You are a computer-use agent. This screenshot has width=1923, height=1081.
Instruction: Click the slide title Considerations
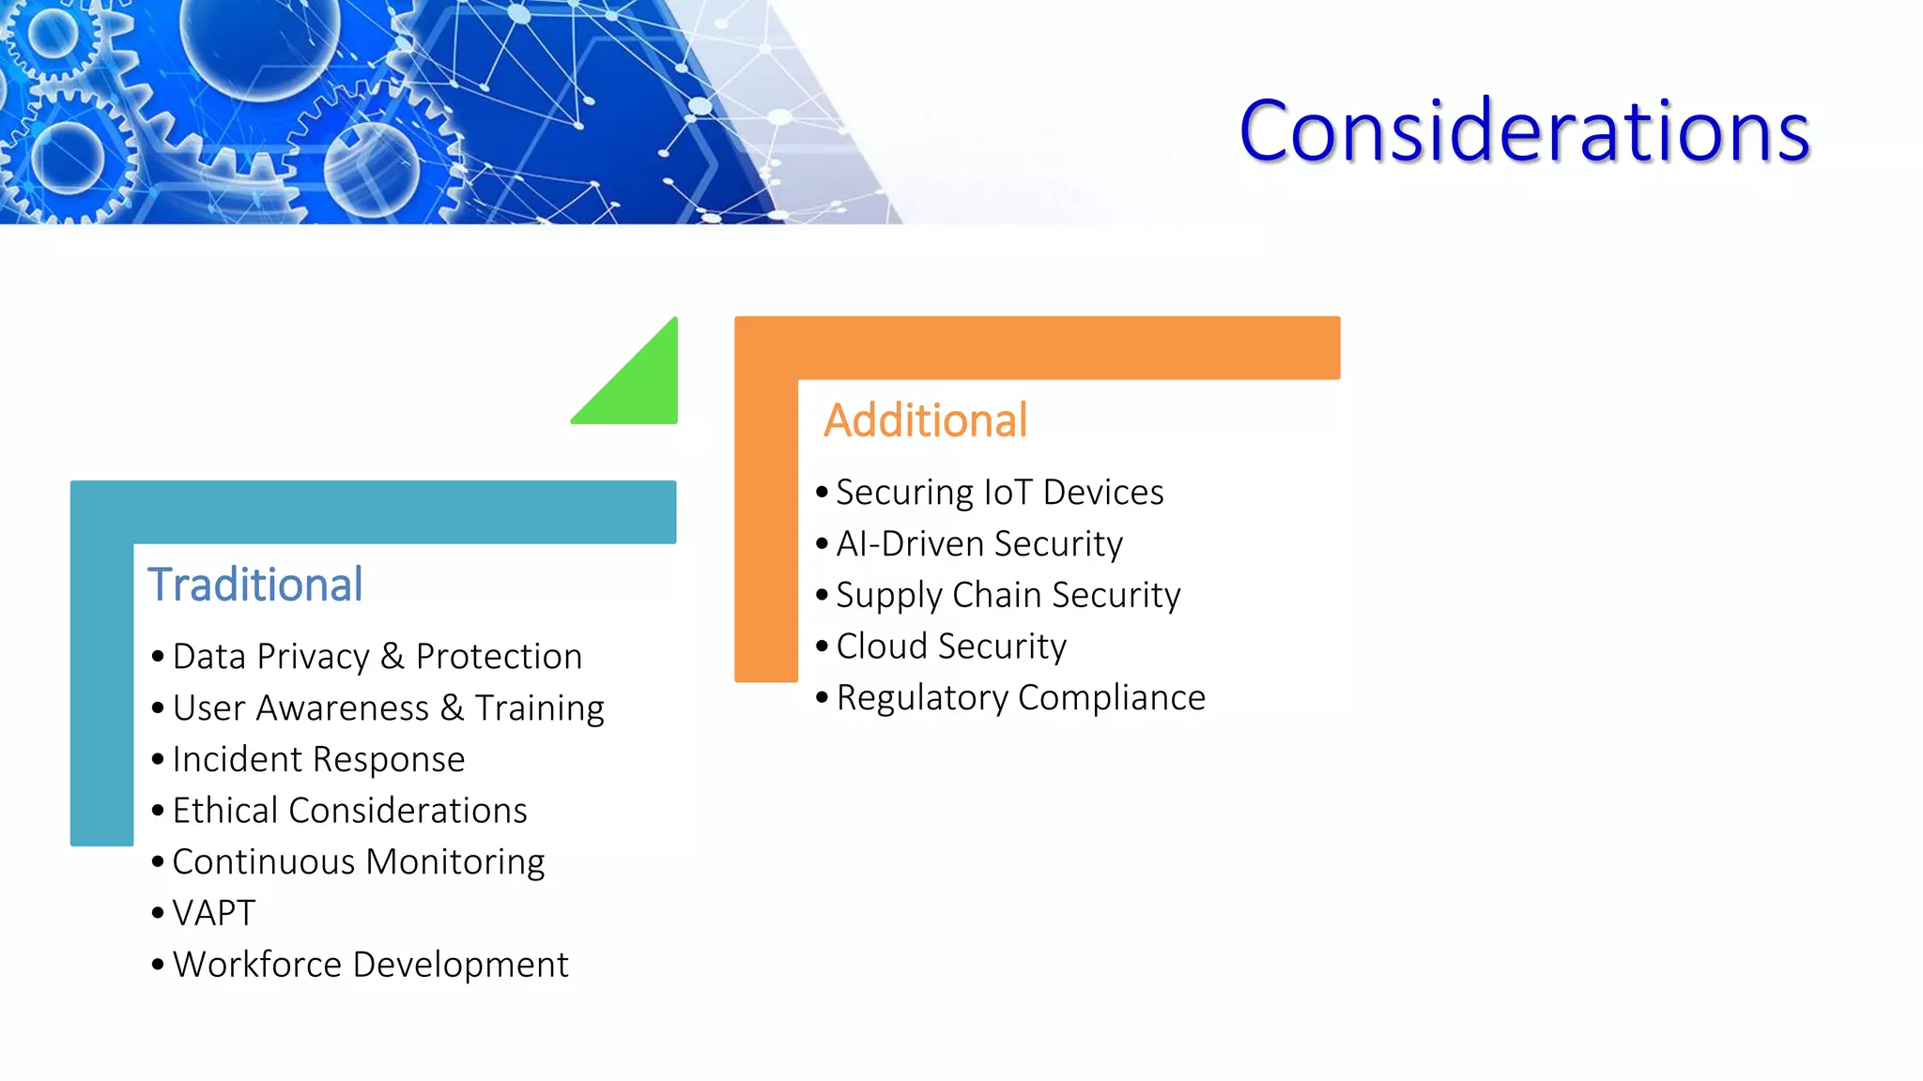point(1523,131)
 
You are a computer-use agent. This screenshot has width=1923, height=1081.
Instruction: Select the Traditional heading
point(254,585)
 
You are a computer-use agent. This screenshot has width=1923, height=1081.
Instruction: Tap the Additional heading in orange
point(925,420)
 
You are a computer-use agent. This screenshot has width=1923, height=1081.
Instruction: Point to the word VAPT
point(214,913)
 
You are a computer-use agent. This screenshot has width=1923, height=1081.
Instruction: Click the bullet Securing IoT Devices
point(999,493)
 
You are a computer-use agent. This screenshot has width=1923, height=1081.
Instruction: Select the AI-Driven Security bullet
point(978,544)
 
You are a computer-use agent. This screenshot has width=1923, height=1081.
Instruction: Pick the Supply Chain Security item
point(1008,595)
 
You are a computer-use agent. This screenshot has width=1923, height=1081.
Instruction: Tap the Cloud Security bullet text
point(950,647)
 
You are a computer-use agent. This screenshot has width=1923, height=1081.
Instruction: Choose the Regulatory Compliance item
point(1020,698)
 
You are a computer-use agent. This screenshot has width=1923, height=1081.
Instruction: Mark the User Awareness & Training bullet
point(388,708)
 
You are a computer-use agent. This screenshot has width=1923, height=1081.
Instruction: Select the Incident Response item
point(318,759)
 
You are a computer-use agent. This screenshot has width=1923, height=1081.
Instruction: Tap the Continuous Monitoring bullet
point(358,862)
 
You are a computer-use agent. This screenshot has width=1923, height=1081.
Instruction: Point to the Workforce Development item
point(370,965)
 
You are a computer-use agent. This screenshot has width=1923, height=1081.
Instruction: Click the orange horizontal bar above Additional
point(1037,348)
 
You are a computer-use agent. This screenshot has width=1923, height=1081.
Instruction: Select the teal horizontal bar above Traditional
point(373,512)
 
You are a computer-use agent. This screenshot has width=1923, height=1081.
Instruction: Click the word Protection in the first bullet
point(499,657)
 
